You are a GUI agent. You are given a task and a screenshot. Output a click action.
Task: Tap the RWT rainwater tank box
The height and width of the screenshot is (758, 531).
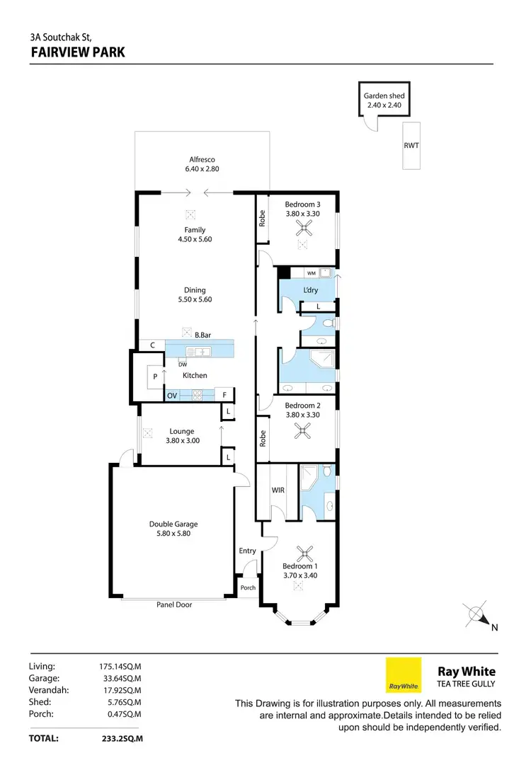click(411, 145)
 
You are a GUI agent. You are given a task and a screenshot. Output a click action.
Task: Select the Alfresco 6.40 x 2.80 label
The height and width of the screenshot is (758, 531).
click(202, 164)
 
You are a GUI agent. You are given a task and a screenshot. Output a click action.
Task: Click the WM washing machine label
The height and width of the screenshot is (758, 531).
click(312, 272)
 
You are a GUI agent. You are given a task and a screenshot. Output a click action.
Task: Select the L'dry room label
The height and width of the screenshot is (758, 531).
click(310, 291)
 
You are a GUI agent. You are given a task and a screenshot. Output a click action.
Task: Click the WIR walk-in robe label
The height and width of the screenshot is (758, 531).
click(278, 489)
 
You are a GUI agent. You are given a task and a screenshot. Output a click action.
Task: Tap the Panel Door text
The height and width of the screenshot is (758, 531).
click(174, 604)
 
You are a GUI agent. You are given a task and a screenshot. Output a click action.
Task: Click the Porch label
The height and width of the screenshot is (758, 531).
click(248, 587)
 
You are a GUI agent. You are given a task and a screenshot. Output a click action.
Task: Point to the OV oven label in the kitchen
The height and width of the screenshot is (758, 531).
click(172, 396)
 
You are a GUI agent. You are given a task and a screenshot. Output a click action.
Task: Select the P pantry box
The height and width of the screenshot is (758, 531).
click(155, 377)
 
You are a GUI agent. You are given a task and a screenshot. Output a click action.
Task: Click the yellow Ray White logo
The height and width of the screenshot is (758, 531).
click(404, 674)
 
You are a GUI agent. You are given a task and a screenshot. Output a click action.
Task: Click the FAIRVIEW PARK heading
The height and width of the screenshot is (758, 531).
click(78, 52)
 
